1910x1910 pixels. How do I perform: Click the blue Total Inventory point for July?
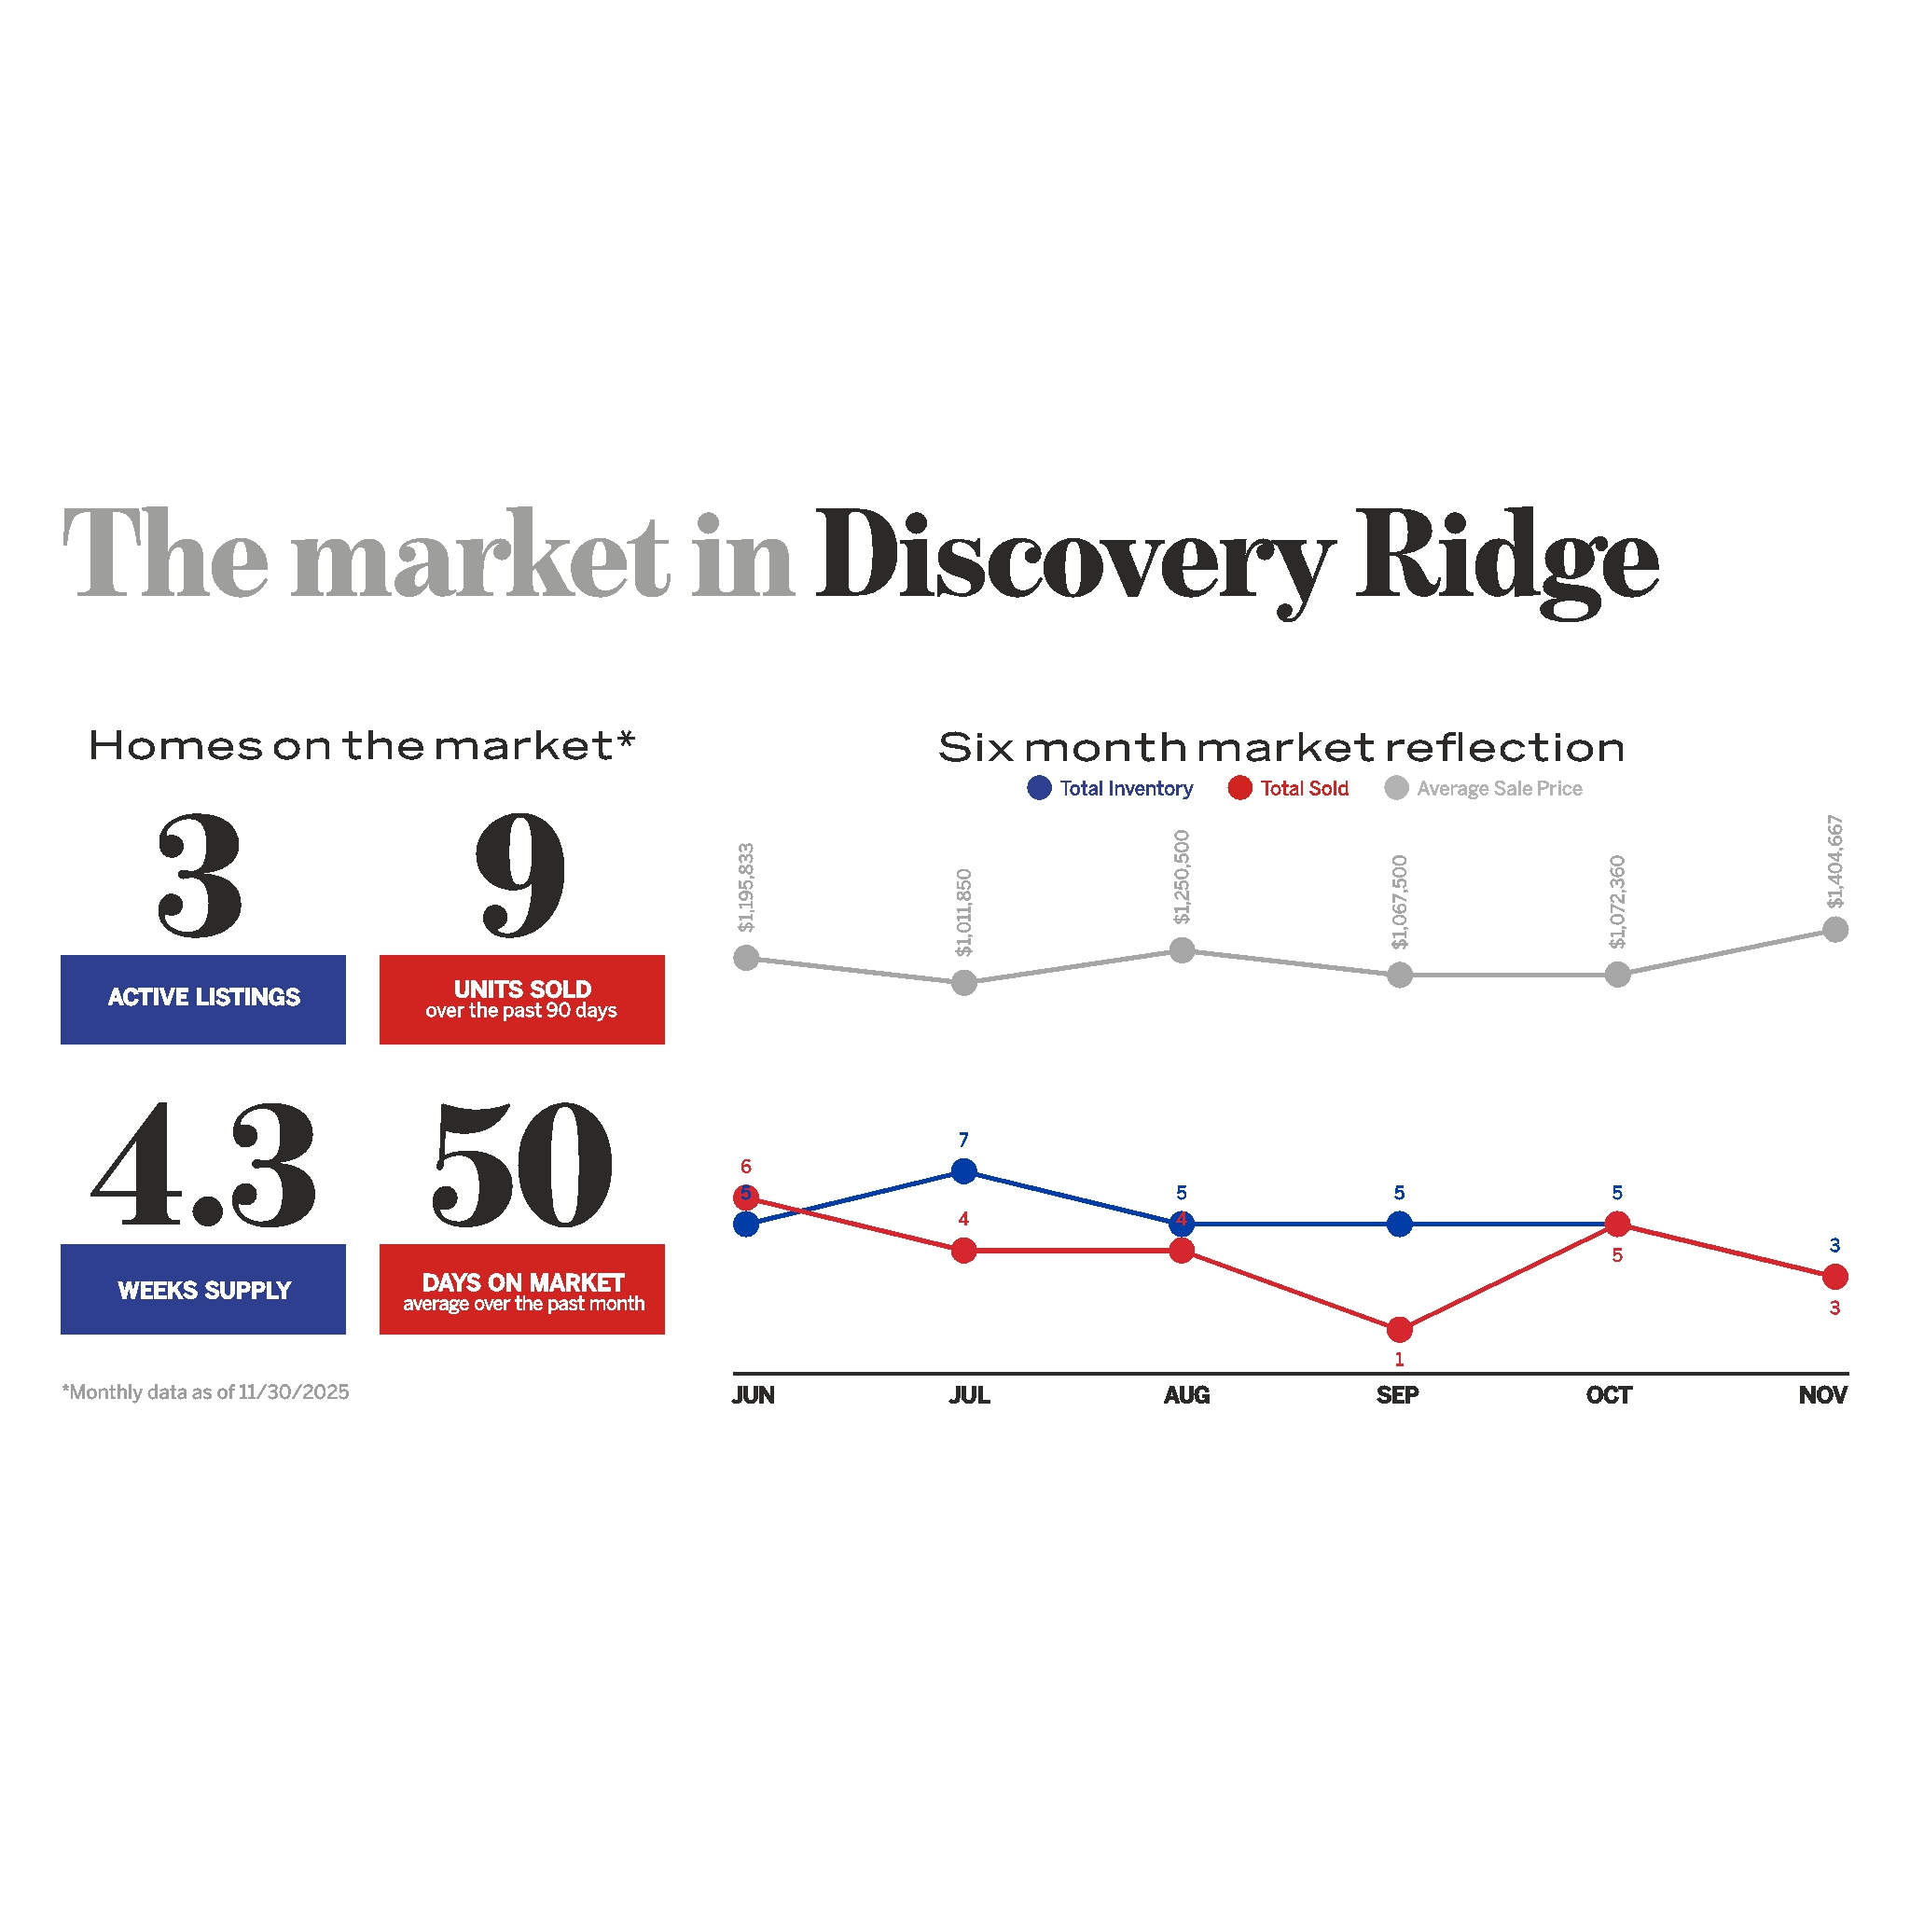point(964,1171)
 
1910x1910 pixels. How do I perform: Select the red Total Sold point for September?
point(1399,1330)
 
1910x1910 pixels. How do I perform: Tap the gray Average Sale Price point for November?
point(1834,929)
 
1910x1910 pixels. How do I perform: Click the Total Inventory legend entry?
point(1110,788)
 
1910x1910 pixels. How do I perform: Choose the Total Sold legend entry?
point(1288,788)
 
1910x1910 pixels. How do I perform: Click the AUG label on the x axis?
point(1186,1395)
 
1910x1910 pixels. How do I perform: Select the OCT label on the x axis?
point(1609,1395)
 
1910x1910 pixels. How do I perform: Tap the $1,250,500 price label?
point(1182,877)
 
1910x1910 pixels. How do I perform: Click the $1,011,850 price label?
point(964,911)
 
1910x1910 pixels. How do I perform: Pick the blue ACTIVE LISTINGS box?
point(202,999)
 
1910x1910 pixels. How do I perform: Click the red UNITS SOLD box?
point(522,999)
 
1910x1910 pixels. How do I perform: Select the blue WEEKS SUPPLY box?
point(202,1288)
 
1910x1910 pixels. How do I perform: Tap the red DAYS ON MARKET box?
point(522,1288)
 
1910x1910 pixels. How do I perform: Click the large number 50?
point(522,1167)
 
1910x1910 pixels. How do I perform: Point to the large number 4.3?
point(203,1167)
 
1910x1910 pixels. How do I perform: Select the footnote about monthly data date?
point(205,1392)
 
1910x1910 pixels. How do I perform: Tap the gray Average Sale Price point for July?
point(964,983)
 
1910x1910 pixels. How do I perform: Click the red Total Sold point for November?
point(1834,1278)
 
